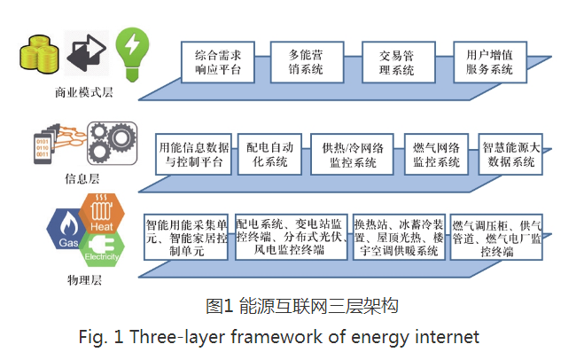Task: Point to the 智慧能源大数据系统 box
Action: click(510, 154)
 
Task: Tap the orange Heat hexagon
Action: click(102, 213)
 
